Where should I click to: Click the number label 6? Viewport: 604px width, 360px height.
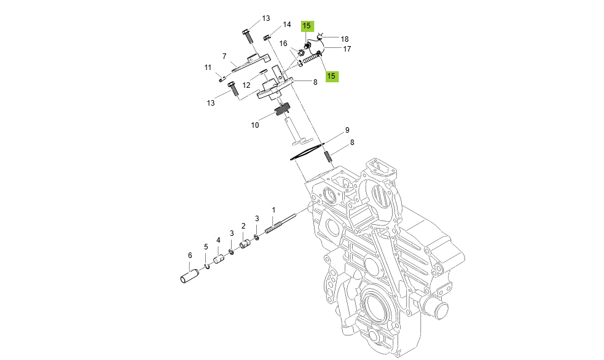click(190, 256)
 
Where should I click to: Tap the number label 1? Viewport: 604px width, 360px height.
click(273, 210)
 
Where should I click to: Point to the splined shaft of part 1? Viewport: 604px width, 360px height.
click(280, 222)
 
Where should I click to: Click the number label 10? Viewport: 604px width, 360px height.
click(255, 125)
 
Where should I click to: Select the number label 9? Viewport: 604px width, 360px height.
click(347, 130)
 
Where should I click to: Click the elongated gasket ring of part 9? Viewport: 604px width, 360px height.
click(307, 151)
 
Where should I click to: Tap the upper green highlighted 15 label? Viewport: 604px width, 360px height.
click(307, 26)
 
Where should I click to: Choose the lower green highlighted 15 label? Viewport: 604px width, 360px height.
click(331, 76)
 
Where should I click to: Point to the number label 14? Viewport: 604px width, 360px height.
click(287, 25)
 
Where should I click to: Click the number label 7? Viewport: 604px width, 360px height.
click(224, 56)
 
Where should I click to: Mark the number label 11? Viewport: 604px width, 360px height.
click(208, 68)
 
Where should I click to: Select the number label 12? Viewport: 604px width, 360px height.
click(246, 85)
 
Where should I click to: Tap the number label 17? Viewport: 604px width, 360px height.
click(347, 49)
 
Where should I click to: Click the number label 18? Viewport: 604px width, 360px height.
click(345, 39)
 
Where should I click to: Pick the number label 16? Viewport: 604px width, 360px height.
click(283, 44)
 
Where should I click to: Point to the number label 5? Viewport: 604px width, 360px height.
click(206, 247)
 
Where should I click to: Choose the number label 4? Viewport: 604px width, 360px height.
click(218, 240)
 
